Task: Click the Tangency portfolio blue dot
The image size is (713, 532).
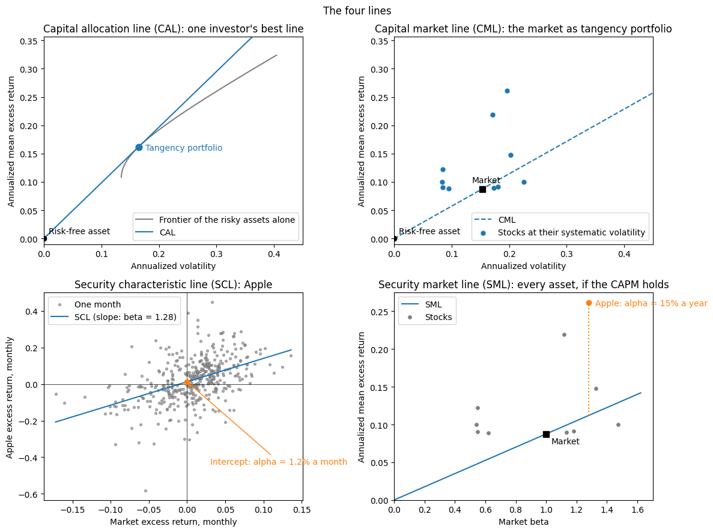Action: pos(139,147)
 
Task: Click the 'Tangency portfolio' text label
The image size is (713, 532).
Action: pos(184,148)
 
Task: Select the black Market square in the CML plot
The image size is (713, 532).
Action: pos(482,189)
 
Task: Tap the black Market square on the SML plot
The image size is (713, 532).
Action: pos(546,434)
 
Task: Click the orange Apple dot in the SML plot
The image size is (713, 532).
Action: pos(589,303)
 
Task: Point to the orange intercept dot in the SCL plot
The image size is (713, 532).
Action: pos(187,382)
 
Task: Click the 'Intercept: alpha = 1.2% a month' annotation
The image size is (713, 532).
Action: pos(278,462)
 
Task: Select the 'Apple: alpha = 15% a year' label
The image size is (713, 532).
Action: pos(651,303)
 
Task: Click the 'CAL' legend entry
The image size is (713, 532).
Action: pos(168,232)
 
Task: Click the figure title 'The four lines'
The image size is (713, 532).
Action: pos(357,10)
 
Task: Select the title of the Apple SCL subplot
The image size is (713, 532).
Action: pos(173,285)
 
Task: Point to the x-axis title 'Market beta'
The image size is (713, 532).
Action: pos(523,522)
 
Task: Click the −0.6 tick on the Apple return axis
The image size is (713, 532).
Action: pos(29,494)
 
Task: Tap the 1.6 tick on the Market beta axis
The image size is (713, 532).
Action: pos(637,510)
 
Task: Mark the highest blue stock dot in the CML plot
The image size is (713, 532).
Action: pos(507,91)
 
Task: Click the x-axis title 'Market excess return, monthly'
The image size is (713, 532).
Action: pos(173,522)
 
